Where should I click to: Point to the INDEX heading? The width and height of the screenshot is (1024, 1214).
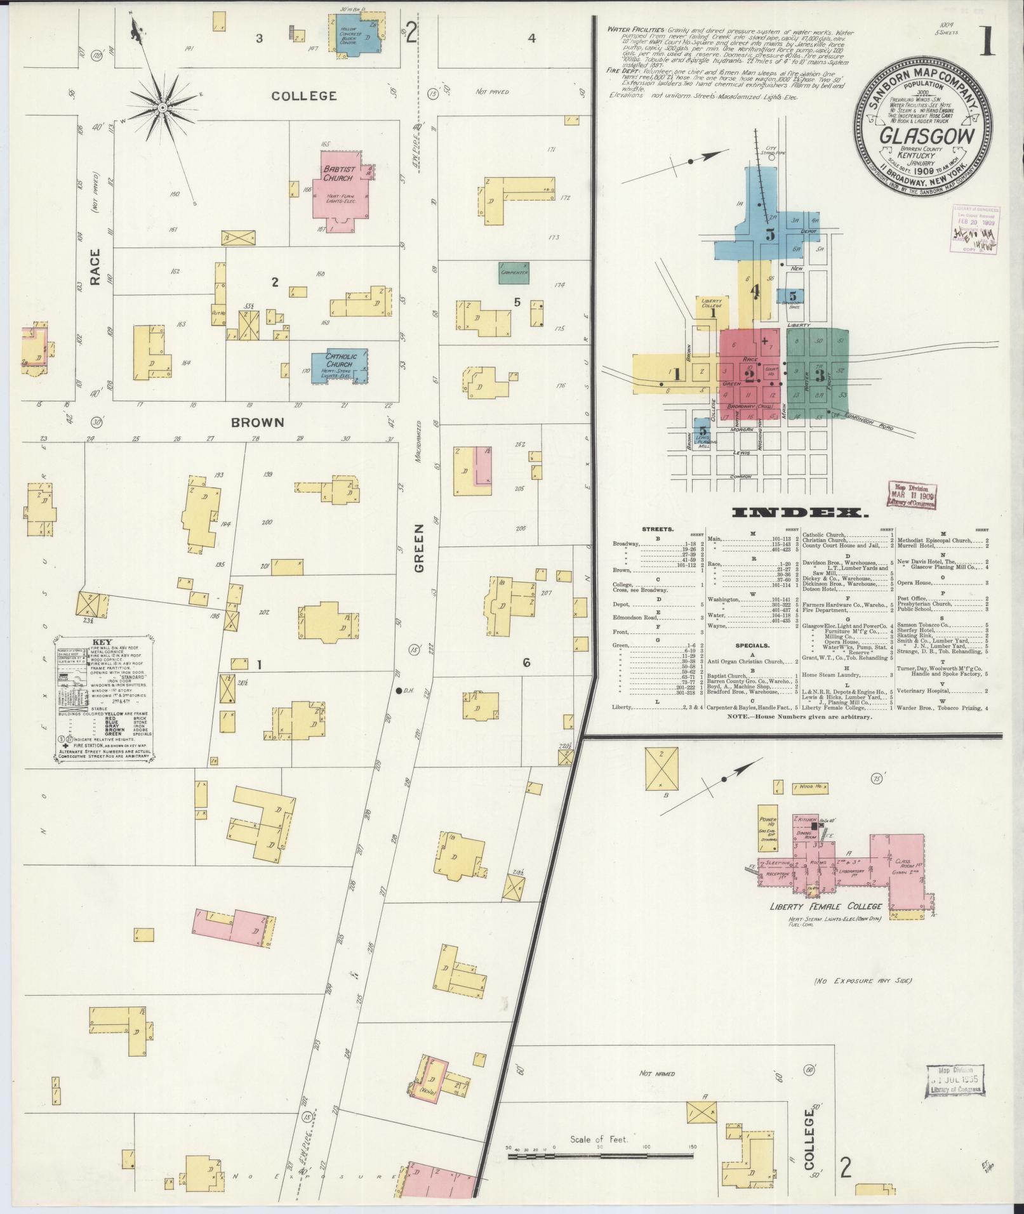798,512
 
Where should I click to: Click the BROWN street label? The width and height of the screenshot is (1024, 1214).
257,422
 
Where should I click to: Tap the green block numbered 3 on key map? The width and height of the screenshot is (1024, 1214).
820,373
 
